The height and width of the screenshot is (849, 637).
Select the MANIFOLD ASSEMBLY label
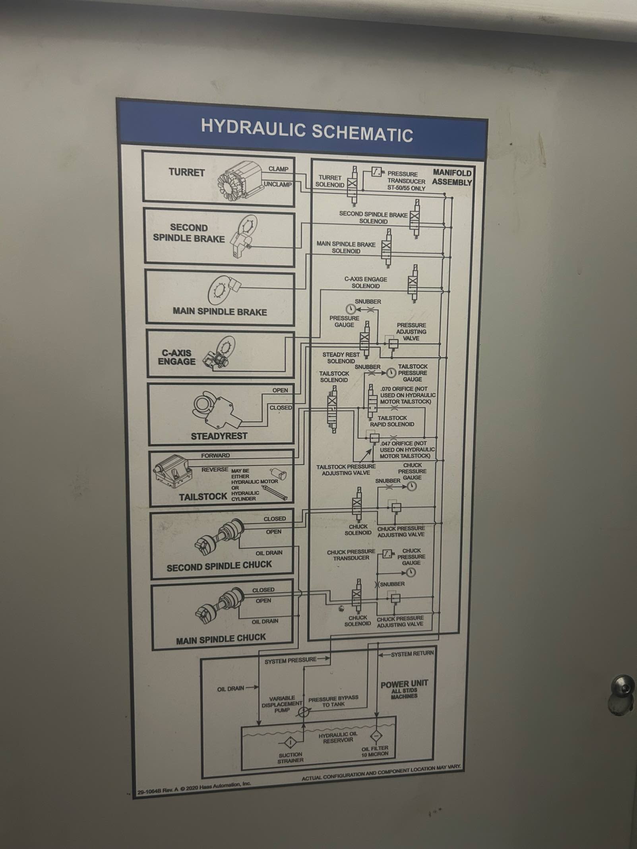click(452, 178)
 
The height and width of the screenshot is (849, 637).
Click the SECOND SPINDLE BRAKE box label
click(189, 233)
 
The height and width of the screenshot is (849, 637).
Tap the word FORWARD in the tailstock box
click(215, 455)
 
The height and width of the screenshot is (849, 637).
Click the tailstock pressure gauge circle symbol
click(391, 372)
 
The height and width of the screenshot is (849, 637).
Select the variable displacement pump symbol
click(304, 712)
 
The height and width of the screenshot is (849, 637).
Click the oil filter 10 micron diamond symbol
click(376, 736)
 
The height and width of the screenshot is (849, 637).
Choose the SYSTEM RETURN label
click(412, 654)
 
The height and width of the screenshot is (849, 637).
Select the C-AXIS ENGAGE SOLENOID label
click(366, 282)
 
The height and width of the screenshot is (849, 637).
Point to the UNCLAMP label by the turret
click(278, 185)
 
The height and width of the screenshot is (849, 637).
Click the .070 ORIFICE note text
click(408, 395)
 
